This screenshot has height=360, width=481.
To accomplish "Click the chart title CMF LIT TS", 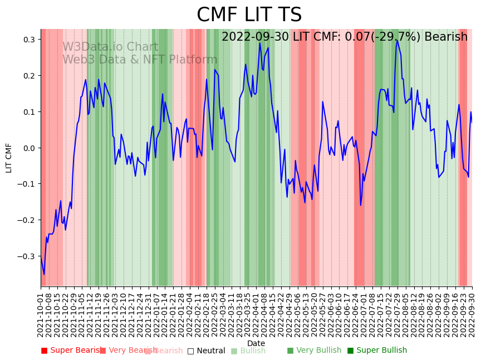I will [249, 15].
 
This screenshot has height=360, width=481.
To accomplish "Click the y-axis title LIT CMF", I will [9, 158].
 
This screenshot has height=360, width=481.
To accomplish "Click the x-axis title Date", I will [256, 343].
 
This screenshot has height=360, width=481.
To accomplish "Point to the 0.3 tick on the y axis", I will [28, 40].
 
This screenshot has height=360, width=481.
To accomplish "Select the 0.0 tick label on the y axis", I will [28, 148].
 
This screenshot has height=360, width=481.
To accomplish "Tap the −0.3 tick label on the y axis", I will [26, 256].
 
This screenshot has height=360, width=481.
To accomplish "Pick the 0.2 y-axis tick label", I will [28, 76].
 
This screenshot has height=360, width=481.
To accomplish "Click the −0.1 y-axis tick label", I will [26, 184].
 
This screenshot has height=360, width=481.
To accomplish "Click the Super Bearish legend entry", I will [73, 351].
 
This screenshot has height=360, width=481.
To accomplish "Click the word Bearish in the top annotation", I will [446, 37].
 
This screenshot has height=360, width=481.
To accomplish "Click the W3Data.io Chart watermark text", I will [110, 47].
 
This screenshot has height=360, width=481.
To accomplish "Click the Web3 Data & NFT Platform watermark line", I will [140, 60].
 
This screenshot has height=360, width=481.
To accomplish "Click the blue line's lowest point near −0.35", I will [44, 274].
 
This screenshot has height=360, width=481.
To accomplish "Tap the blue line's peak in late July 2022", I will [397, 40].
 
